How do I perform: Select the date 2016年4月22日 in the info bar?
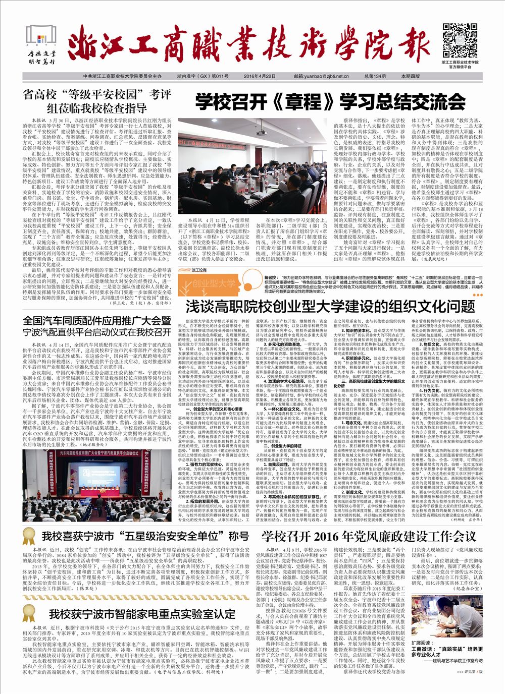[x=259, y=76]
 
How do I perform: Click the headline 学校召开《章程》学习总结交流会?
[x=331, y=102]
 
